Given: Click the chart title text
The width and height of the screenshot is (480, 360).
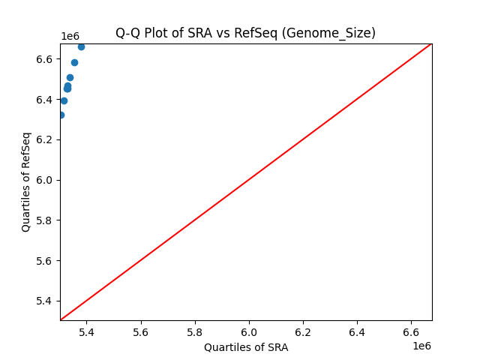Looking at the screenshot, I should pyautogui.click(x=245, y=33).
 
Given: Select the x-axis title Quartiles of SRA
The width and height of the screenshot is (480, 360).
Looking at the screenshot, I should pyautogui.click(x=246, y=347).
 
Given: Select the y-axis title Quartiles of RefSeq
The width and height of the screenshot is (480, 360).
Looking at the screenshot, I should pyautogui.click(x=26, y=181).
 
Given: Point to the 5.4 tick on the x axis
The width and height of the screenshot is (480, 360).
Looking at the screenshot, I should pyautogui.click(x=87, y=331).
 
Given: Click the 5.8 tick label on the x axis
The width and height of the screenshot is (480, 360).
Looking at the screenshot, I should pyautogui.click(x=195, y=331).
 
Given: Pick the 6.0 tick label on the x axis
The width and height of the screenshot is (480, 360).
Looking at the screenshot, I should pyautogui.click(x=249, y=331).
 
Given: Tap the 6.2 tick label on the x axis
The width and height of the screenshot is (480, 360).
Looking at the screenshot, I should pyautogui.click(x=303, y=331).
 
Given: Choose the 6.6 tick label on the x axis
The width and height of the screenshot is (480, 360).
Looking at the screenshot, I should pyautogui.click(x=411, y=331).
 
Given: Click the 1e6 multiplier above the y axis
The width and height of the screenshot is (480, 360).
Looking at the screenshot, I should pyautogui.click(x=70, y=37).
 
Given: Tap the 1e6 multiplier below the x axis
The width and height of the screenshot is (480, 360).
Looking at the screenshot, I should pyautogui.click(x=421, y=346).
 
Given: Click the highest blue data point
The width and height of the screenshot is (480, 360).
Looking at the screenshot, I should pyautogui.click(x=81, y=46).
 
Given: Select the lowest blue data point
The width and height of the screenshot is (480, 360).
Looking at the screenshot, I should pyautogui.click(x=61, y=115).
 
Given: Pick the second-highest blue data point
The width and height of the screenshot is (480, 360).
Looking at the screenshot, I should pyautogui.click(x=74, y=62).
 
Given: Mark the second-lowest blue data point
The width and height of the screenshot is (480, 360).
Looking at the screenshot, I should pyautogui.click(x=64, y=100).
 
